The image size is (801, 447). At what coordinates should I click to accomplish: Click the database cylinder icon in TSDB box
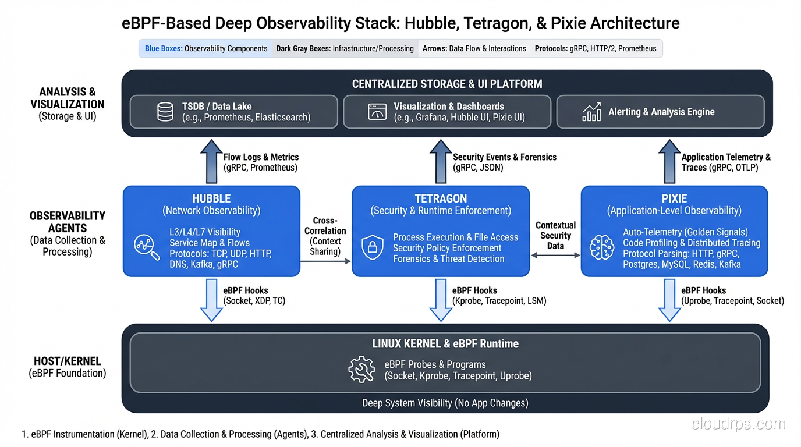point(165,112)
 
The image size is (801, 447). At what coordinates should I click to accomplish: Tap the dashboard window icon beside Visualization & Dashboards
point(377,112)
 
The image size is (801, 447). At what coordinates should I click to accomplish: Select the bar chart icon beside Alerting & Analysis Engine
point(591,112)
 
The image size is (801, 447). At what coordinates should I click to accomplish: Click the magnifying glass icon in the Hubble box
point(146,247)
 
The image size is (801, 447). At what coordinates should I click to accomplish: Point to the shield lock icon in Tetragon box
point(373,247)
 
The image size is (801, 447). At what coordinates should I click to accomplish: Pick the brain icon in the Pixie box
point(601,247)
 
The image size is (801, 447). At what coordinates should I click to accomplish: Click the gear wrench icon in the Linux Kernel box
point(361,370)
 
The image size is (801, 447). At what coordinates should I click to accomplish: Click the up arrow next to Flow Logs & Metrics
point(211,161)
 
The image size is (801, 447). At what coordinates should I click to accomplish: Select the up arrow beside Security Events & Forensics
point(441,161)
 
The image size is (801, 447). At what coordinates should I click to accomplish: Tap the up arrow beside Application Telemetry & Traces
point(669,161)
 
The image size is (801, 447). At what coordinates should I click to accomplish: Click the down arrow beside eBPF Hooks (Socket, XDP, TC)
point(211,300)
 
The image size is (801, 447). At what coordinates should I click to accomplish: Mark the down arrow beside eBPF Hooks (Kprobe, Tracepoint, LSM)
point(441,300)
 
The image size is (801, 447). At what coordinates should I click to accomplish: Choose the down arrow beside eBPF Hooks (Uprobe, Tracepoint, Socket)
point(669,300)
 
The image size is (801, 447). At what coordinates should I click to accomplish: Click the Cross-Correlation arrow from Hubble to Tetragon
point(326,261)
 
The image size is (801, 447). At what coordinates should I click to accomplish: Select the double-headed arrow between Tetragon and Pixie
point(555,255)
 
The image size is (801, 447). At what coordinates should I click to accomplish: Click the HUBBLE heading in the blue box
point(211,198)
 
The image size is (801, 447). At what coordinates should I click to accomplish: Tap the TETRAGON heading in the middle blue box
point(441,198)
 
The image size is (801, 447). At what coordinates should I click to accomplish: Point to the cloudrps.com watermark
point(738,424)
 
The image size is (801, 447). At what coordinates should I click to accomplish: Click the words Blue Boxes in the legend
point(163,49)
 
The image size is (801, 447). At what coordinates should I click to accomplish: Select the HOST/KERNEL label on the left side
point(68,361)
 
